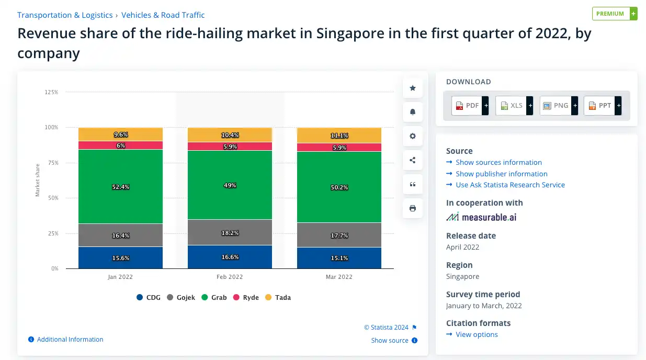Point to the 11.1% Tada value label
pyautogui.click(x=339, y=136)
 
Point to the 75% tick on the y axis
pyautogui.click(x=51, y=163)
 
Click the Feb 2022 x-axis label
pyautogui.click(x=230, y=277)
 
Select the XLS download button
pyautogui.click(x=514, y=106)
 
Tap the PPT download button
pyautogui.click(x=603, y=106)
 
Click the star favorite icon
pyautogui.click(x=413, y=88)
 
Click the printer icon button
pyautogui.click(x=413, y=208)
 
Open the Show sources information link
pyautogui.click(x=498, y=162)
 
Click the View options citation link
pyautogui.click(x=477, y=334)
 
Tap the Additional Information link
pyautogui.click(x=70, y=340)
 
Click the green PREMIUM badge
pyautogui.click(x=614, y=14)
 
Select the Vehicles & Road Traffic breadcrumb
pyautogui.click(x=163, y=15)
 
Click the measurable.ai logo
pyautogui.click(x=481, y=217)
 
